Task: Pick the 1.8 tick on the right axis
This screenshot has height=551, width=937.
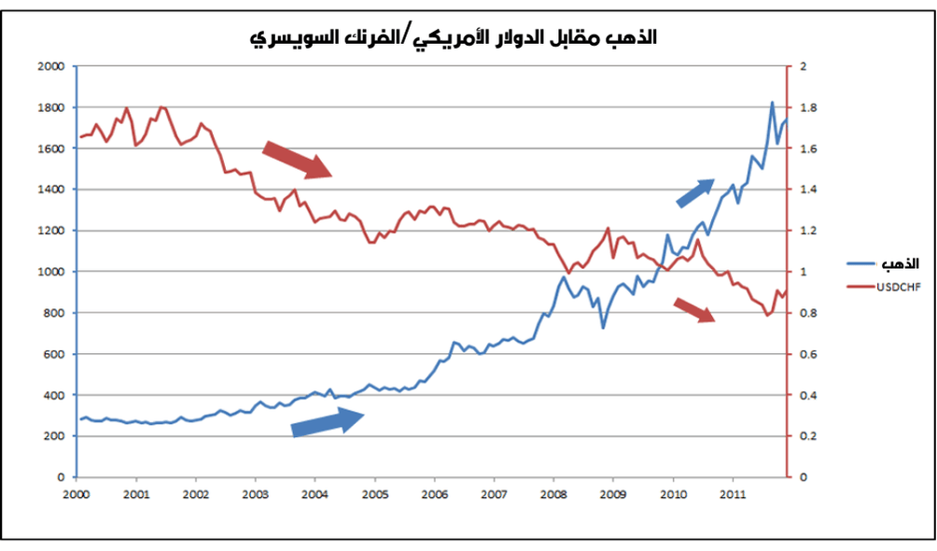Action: [x=806, y=107]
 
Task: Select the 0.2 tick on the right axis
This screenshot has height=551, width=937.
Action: [x=806, y=436]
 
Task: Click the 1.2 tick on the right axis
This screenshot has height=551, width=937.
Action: [x=806, y=231]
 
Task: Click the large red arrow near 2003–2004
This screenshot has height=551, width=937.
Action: [x=297, y=159]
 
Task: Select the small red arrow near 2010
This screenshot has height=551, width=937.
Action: [x=694, y=310]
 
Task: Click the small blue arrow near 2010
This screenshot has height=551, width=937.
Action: [x=695, y=192]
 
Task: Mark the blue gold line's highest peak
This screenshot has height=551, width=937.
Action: [x=772, y=103]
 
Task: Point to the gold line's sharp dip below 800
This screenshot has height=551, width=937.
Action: [x=603, y=328]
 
